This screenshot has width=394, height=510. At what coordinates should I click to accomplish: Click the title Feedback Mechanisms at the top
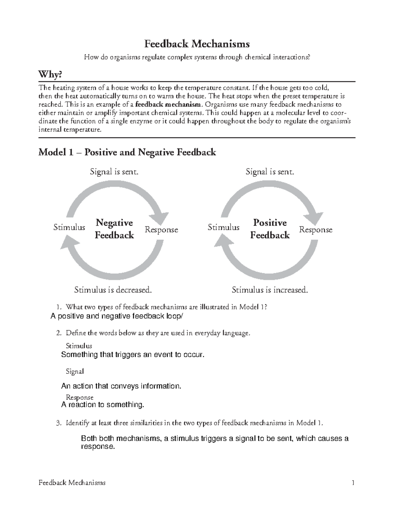[197, 44]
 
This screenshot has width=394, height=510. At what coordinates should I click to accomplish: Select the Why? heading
[50, 75]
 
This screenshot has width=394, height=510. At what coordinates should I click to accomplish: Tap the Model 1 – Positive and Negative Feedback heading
[127, 152]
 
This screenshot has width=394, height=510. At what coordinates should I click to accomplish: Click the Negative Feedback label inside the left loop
[114, 229]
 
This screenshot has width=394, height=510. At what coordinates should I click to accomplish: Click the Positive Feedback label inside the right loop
[270, 229]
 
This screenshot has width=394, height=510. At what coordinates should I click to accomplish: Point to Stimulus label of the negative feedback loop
[69, 227]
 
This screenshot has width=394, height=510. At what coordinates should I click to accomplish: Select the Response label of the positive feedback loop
[316, 230]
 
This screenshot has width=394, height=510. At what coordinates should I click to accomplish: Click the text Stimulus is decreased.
[113, 290]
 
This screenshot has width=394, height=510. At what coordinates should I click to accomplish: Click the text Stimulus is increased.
[270, 290]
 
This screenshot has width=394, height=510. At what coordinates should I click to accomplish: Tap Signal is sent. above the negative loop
[114, 172]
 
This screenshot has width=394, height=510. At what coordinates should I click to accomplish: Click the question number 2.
[58, 333]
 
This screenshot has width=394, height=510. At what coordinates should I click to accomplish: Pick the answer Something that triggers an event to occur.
[133, 355]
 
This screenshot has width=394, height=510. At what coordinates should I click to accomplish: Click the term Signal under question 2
[75, 371]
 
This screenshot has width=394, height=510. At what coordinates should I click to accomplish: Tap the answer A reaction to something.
[103, 405]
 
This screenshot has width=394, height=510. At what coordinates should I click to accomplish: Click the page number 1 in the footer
[353, 483]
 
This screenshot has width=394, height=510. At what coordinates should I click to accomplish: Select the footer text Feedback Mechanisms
[72, 483]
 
